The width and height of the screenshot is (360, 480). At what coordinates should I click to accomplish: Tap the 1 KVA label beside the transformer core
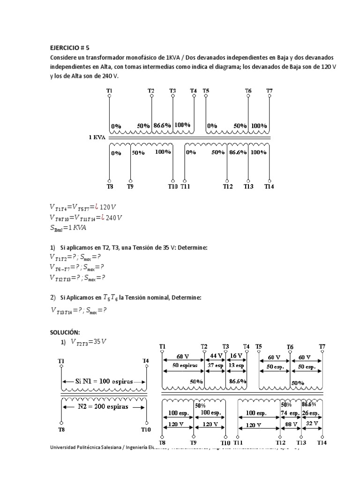tap(97, 138)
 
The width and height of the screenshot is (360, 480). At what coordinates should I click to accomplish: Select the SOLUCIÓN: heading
tap(65, 332)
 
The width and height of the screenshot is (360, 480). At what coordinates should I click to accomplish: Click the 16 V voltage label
tap(236, 356)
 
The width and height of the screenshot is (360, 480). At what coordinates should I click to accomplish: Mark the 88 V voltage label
tap(290, 424)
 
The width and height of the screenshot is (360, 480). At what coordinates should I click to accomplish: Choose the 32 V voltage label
tap(312, 424)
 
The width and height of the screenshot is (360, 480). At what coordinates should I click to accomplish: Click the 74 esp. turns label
tap(290, 413)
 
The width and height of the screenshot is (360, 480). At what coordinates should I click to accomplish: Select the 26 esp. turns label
tap(311, 413)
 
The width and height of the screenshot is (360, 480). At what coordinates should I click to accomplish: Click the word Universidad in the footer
tap(66, 448)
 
